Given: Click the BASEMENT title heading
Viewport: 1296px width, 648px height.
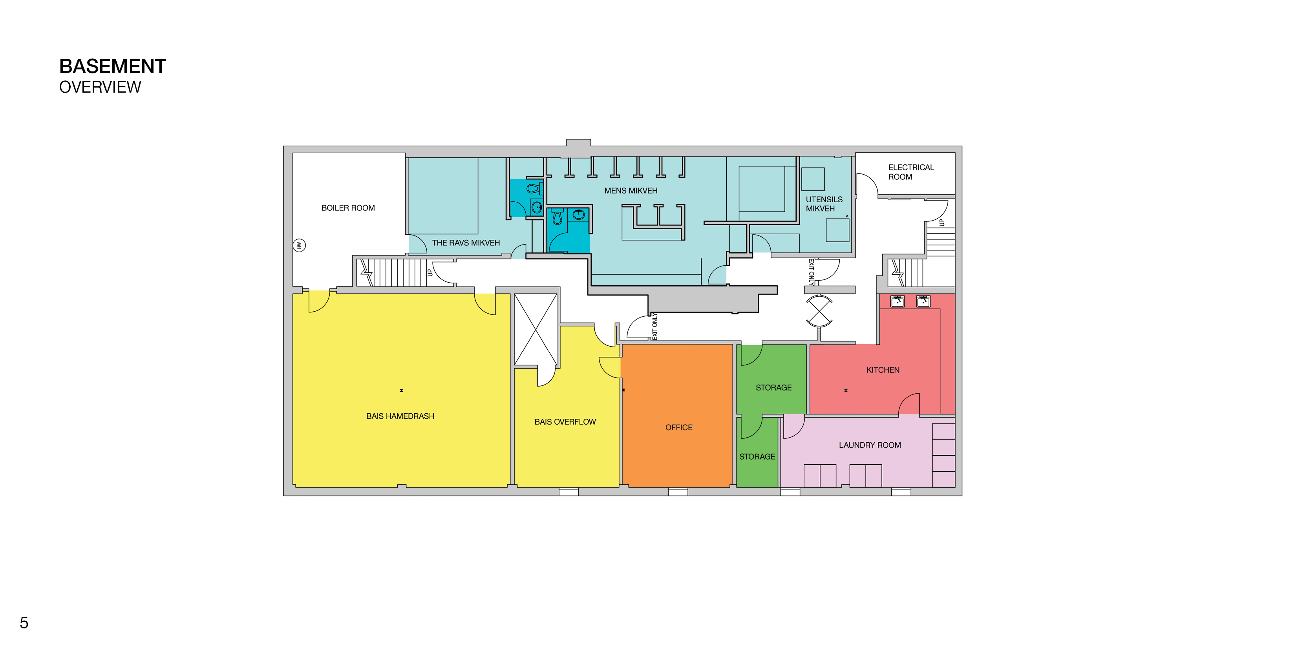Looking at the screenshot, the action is tap(113, 66).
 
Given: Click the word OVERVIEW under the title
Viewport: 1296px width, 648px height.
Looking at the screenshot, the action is tap(100, 87).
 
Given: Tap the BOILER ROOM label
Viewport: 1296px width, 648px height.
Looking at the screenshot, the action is tap(348, 208).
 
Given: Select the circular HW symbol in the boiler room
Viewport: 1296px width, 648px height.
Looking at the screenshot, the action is tap(299, 246).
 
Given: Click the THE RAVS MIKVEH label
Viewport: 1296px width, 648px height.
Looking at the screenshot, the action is tap(466, 243).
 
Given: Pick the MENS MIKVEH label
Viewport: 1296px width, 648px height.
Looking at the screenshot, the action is tap(631, 191).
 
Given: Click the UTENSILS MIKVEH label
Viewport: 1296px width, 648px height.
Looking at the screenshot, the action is tap(824, 204).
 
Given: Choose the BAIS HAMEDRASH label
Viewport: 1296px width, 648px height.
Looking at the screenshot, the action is tap(400, 416).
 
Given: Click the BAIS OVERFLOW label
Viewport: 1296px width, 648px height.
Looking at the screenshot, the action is tap(565, 422).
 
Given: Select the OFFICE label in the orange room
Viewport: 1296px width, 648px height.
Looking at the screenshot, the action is tap(679, 428).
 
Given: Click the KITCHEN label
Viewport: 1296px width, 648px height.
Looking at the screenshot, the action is tap(883, 370).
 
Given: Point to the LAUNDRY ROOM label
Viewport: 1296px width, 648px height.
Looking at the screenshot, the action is tap(870, 445).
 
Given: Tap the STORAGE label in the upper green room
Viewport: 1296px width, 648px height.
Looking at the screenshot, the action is tap(774, 387).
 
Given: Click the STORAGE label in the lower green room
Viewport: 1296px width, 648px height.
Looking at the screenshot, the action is tap(757, 456).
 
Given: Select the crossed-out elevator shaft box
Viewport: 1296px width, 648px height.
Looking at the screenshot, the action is tap(535, 330).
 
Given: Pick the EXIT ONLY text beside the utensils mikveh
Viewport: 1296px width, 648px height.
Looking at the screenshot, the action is tap(811, 272).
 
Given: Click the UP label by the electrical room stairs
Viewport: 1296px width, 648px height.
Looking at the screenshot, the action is tap(942, 223).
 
